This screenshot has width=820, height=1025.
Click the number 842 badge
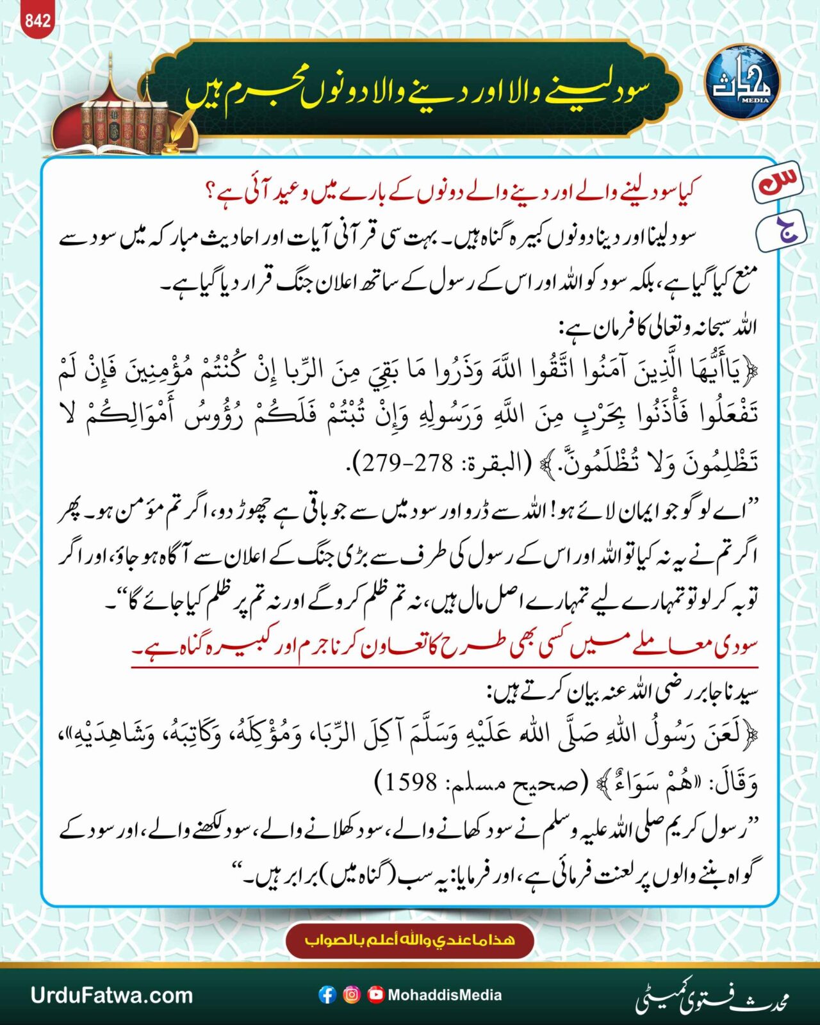(37, 20)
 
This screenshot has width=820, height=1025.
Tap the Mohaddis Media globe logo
(742, 82)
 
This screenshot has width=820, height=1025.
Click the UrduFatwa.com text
(111, 995)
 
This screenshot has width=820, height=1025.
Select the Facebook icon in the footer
(327, 995)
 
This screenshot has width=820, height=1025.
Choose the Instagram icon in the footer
(352, 995)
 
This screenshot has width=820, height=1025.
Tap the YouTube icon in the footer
(376, 995)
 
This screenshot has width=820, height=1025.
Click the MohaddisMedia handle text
(445, 995)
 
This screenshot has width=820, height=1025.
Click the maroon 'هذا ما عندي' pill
(410, 940)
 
